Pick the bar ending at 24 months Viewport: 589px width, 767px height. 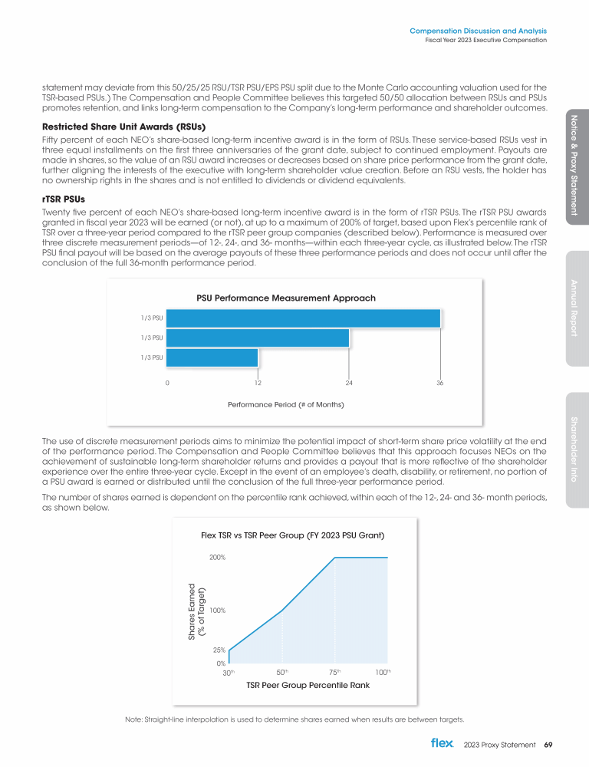point(258,338)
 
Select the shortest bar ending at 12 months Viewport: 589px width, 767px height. point(212,357)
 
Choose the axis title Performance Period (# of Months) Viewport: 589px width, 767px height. point(285,403)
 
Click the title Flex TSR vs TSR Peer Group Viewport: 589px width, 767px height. point(292,534)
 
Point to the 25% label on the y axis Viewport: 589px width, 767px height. point(219,650)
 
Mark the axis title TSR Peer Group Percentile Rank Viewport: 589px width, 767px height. point(307,686)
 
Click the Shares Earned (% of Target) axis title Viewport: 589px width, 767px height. point(196,611)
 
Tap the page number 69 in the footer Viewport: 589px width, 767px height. point(548,744)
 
